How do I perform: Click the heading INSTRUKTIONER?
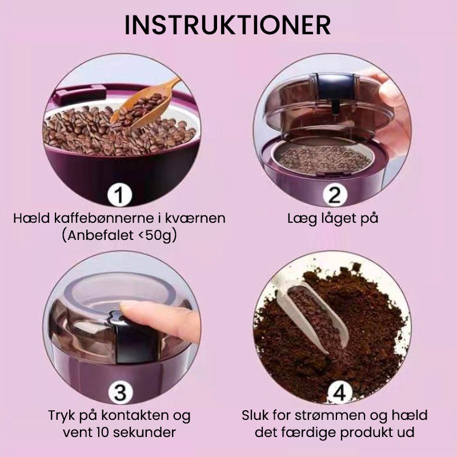coord(227,25)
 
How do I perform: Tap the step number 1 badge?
coord(119,195)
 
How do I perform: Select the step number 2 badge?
coord(334,195)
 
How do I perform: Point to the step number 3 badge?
coord(120,392)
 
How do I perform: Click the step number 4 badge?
coord(339,394)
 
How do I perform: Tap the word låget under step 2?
coord(334,219)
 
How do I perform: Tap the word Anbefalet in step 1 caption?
coord(99,235)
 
